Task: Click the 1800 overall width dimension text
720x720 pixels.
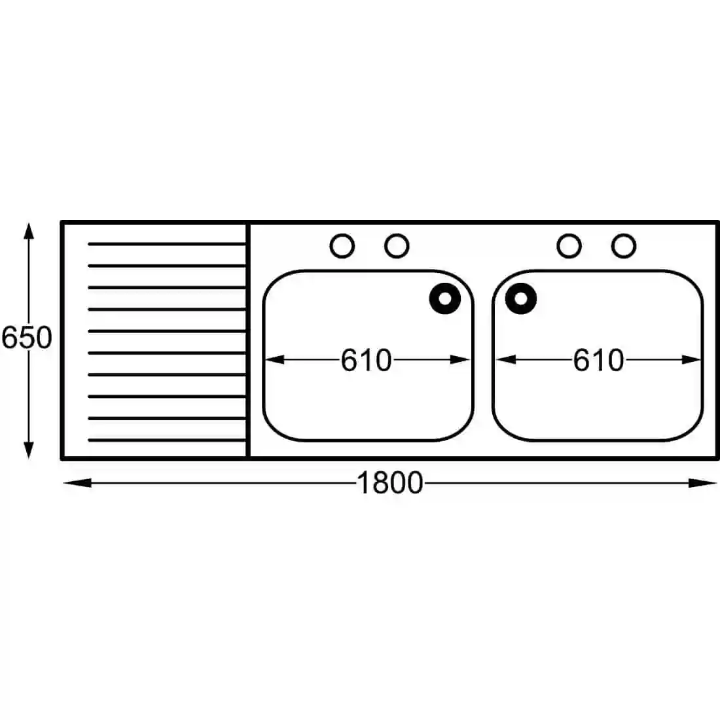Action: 390,483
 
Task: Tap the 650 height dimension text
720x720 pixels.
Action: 27,338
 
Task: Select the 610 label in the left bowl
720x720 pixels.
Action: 366,360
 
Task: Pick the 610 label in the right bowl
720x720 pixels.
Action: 598,360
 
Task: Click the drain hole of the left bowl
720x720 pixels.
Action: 445,298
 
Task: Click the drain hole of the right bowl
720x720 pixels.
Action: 521,298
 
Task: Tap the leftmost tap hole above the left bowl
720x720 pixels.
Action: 342,246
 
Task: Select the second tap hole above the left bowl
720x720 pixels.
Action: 397,246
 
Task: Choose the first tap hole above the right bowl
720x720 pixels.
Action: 569,246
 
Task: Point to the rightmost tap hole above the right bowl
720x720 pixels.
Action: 624,246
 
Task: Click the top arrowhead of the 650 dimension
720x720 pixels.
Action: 28,231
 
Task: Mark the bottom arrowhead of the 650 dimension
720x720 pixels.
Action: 28,450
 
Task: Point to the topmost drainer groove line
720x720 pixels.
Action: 167,244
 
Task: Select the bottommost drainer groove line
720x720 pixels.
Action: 167,440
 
